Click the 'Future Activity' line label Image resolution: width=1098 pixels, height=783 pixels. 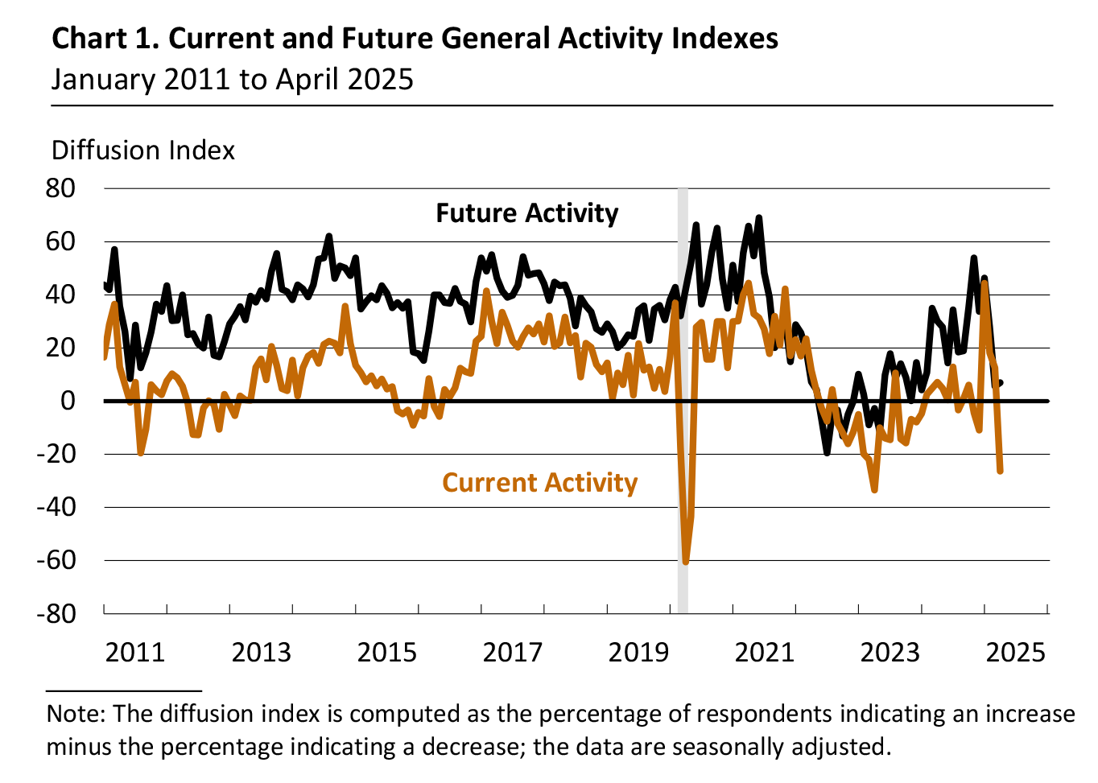point(526,213)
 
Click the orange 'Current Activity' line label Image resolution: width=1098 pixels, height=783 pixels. point(539,483)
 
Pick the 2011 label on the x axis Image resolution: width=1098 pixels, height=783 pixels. point(135,652)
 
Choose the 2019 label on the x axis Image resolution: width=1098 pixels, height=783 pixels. point(638,652)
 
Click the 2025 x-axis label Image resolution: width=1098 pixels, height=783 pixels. point(1015,652)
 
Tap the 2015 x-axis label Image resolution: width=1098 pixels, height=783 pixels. point(386,652)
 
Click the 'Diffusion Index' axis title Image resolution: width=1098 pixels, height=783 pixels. point(143,150)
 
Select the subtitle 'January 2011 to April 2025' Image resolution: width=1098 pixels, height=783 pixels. point(232,80)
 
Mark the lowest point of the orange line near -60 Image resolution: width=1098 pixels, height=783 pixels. point(685,562)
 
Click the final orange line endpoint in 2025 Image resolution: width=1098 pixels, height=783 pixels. point(1000,471)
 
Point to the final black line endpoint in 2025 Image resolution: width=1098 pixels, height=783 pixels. point(1000,383)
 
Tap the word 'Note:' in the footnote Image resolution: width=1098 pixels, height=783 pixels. point(76,714)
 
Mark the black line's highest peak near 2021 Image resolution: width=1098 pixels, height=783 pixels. point(758,218)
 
